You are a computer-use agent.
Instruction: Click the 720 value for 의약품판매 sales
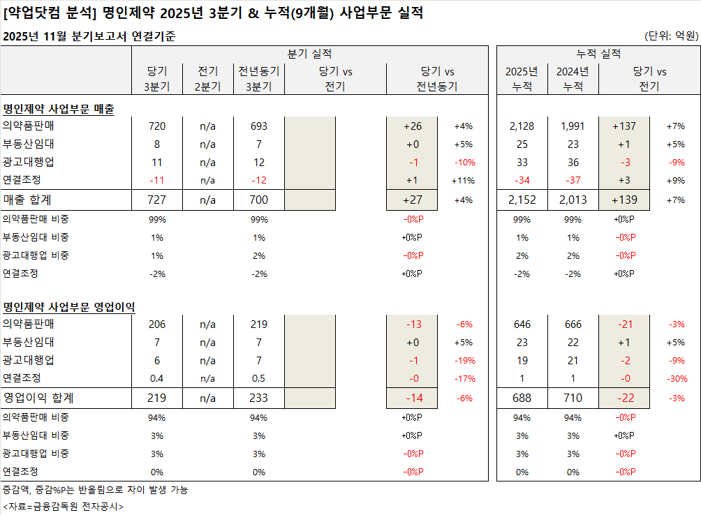156,126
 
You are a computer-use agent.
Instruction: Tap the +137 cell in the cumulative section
624,126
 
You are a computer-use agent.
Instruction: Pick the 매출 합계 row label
27,200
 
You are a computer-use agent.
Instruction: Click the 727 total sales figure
156,200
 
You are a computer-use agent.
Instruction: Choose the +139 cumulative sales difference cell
624,200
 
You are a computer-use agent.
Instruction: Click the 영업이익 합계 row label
38,398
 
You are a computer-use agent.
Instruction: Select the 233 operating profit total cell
259,398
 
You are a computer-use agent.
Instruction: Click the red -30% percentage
675,379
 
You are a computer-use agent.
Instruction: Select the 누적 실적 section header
598,54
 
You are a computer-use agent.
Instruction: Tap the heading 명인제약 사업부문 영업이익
69,307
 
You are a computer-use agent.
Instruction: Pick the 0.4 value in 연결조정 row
156,379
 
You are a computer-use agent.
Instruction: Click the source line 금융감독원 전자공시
63,506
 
